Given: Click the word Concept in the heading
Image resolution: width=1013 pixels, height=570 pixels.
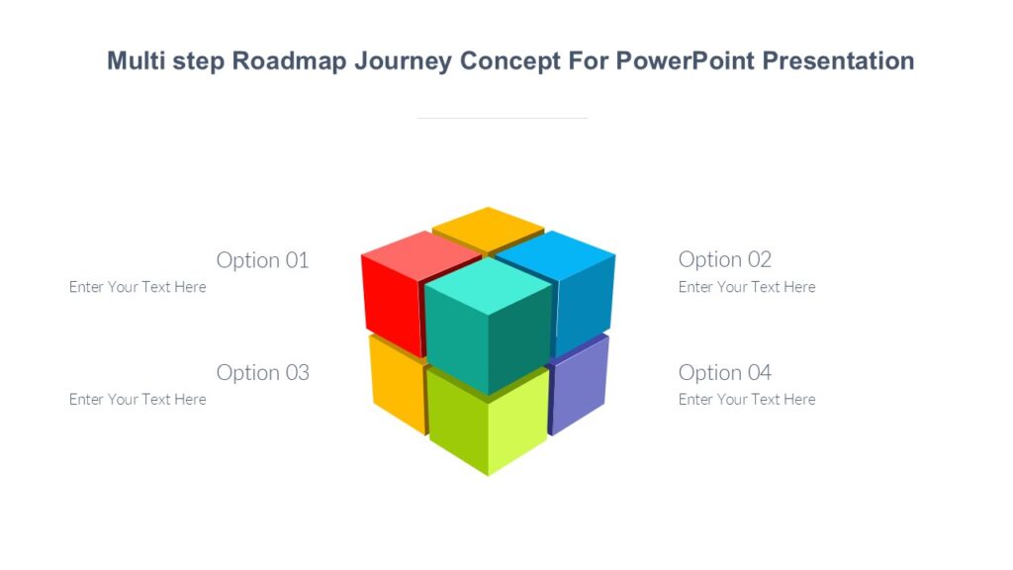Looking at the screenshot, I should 509,61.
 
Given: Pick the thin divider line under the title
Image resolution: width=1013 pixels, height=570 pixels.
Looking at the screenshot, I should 502,118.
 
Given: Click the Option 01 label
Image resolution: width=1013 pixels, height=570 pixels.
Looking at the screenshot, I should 262,260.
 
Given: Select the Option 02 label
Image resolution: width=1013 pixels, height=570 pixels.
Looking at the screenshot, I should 724,260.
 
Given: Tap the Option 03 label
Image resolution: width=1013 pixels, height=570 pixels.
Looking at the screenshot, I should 262,373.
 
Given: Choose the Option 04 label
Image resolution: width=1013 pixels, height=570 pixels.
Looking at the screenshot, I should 724,373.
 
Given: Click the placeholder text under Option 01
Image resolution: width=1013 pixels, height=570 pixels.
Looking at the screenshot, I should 138,287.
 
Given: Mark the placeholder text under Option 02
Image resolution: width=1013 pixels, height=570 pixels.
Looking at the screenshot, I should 747,287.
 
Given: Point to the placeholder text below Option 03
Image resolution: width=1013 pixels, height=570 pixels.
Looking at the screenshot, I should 138,400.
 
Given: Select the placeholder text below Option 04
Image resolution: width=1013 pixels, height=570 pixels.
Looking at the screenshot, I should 747,400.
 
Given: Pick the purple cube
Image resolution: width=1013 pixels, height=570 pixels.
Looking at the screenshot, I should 579,386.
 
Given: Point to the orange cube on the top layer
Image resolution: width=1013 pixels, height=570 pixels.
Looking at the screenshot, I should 488,227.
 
